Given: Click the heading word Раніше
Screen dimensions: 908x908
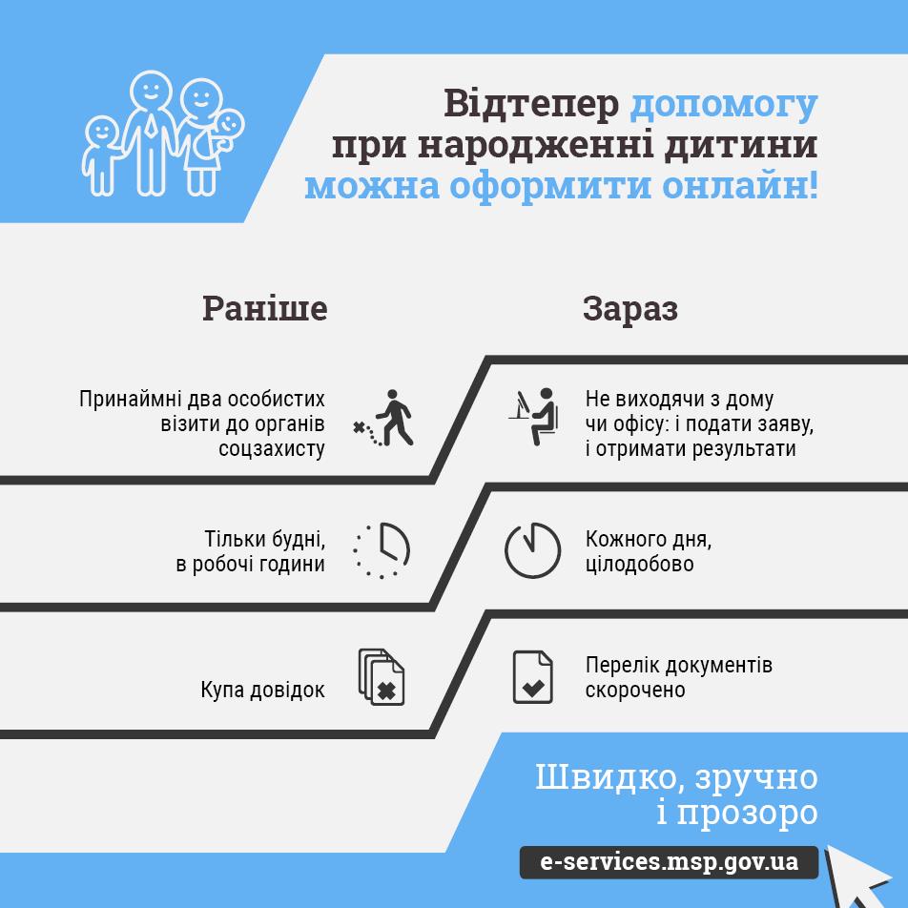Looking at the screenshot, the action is click(264, 308).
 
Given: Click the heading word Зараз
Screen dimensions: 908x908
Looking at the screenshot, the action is click(630, 309).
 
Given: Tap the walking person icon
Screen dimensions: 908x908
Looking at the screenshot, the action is click(384, 418).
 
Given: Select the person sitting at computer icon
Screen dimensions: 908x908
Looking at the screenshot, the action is click(534, 417).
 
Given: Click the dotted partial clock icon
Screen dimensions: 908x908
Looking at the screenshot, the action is click(382, 550).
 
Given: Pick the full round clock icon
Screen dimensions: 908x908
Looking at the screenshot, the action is click(532, 550).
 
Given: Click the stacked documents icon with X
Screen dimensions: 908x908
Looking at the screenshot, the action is click(382, 677).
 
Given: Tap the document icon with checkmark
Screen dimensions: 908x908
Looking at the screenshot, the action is click(533, 677).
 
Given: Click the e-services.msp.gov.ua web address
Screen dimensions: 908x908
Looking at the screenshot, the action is click(669, 861).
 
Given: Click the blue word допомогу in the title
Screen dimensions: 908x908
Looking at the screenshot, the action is click(723, 105).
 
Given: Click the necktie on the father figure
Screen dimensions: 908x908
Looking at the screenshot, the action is click(151, 125).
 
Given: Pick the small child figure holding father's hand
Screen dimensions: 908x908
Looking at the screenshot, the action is click(101, 155).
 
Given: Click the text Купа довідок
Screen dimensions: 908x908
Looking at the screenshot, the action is click(262, 690).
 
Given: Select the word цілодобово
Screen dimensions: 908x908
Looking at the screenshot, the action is click(639, 564).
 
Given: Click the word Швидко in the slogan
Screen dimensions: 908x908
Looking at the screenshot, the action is click(609, 777).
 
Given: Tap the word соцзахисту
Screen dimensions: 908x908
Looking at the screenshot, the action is click(272, 449).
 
